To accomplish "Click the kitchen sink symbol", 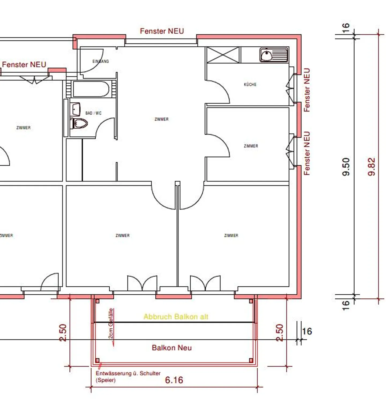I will [274, 55].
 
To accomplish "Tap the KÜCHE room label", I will [250, 84].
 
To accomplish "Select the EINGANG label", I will [101, 61].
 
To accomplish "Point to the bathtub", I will [91, 89].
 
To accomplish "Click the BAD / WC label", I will [93, 113].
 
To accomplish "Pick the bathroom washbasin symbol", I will [76, 109].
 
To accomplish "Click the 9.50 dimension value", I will [346, 166].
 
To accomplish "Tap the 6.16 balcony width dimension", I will [174, 380].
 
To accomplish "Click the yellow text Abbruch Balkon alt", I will [176, 317].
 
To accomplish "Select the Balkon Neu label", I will [172, 348].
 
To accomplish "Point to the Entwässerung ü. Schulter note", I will [128, 373].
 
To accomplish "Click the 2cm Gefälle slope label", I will [111, 323].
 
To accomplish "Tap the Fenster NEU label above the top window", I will [162, 31].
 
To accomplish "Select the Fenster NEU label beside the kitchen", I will [307, 90].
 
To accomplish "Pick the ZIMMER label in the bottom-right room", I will [231, 235].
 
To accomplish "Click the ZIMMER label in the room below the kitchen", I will [251, 146].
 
